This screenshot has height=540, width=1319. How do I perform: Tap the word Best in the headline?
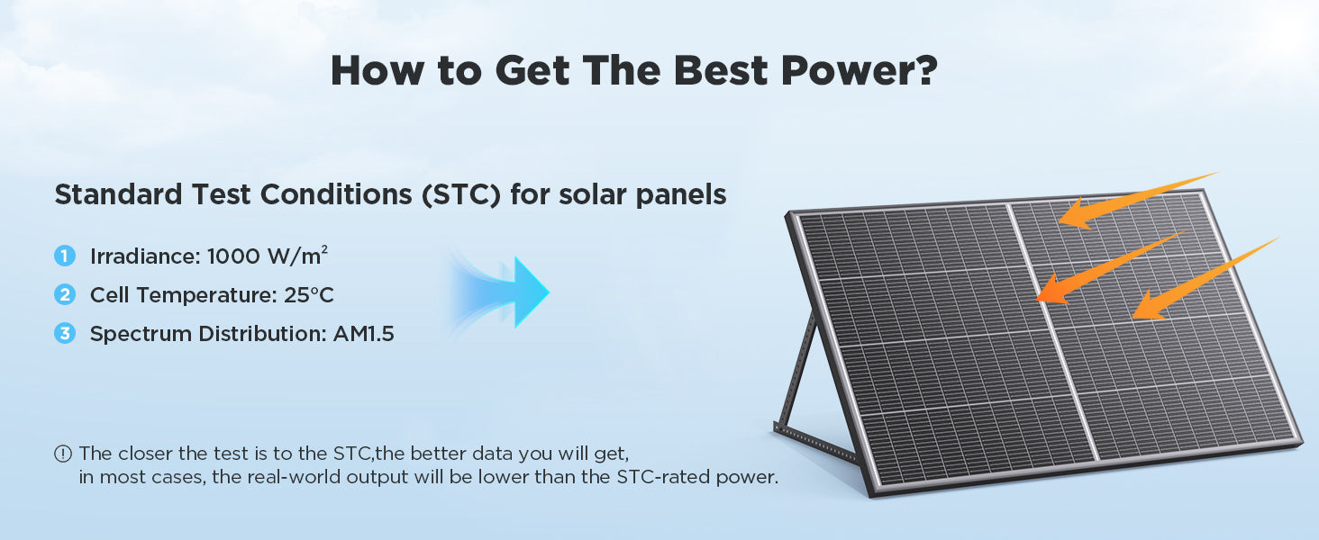coord(721,70)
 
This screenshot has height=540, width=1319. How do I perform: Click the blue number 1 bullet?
coord(65,256)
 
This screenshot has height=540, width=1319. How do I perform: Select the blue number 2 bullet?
coord(65,294)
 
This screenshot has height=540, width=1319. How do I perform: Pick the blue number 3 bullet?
coord(65,334)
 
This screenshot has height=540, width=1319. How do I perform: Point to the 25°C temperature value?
coord(308,295)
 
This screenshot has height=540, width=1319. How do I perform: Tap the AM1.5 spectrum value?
coord(363,334)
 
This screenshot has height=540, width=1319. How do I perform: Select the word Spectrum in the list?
coord(141,335)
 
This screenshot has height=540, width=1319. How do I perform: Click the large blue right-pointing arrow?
coord(501,292)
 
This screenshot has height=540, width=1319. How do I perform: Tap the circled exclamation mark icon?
coord(63,454)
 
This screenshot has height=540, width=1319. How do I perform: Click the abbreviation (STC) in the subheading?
coord(461,194)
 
